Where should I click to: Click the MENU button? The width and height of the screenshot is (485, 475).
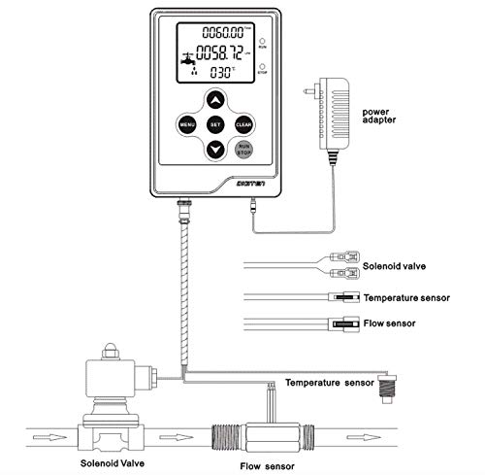pos(185,124)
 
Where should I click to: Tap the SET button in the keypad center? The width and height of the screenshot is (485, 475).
pos(215,124)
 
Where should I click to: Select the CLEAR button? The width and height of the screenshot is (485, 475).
pos(244,124)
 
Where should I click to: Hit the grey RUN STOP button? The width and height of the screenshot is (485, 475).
pos(244,150)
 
